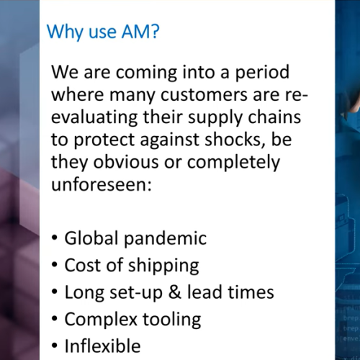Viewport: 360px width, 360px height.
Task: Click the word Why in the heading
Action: point(62,32)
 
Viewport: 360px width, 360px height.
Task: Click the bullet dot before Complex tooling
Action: point(55,319)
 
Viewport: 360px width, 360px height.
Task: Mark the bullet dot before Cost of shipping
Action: point(55,265)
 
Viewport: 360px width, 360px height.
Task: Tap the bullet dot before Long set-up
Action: point(55,292)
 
